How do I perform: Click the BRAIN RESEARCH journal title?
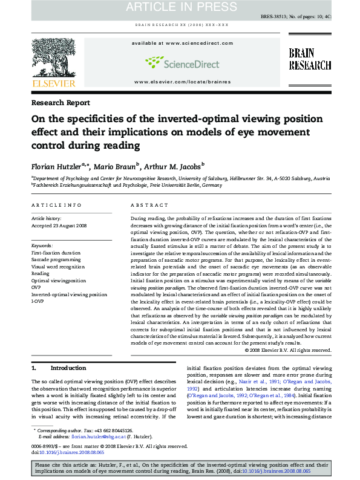pos(309,59)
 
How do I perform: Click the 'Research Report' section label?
pos(61,103)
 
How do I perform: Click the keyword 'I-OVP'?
pos(38,302)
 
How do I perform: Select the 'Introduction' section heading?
pos(68,368)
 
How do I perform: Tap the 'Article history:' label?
pos(46,218)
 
